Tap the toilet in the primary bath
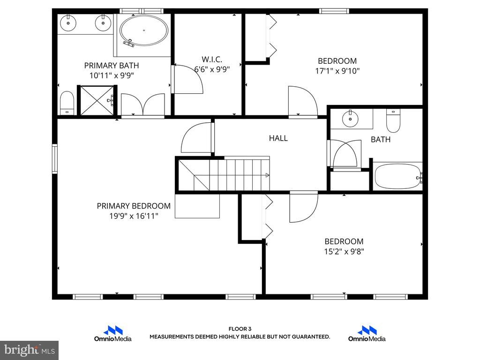tap(67, 103)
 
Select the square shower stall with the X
tap(97, 101)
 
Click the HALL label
tap(278, 138)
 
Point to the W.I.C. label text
tap(212, 59)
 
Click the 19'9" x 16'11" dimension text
tap(134, 216)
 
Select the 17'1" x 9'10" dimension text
tap(337, 71)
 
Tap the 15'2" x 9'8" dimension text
tap(344, 251)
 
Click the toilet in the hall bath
tap(393, 120)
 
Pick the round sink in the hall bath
tap(350, 119)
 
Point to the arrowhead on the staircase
tap(268, 175)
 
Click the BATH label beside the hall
tap(381, 140)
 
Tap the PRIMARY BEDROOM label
tap(134, 206)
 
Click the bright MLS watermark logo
tap(30, 350)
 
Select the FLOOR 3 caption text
tap(240, 329)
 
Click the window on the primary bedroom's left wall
tap(55, 158)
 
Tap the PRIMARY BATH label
tap(112, 66)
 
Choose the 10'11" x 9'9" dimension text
tap(112, 75)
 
